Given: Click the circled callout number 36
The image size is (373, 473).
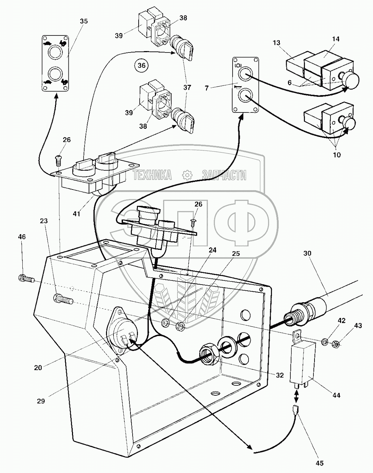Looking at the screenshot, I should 141,66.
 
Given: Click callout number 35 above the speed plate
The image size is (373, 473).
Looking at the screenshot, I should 84,21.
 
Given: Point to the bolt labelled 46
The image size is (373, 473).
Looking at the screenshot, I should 26,279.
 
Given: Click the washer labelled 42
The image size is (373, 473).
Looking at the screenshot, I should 324,342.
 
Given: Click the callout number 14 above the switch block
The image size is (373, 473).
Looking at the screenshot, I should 335,39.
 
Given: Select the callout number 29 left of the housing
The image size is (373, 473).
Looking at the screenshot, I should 41,401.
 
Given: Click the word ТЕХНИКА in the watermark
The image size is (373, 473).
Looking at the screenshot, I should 152,175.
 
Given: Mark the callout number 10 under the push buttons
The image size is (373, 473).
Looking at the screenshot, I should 337,155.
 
